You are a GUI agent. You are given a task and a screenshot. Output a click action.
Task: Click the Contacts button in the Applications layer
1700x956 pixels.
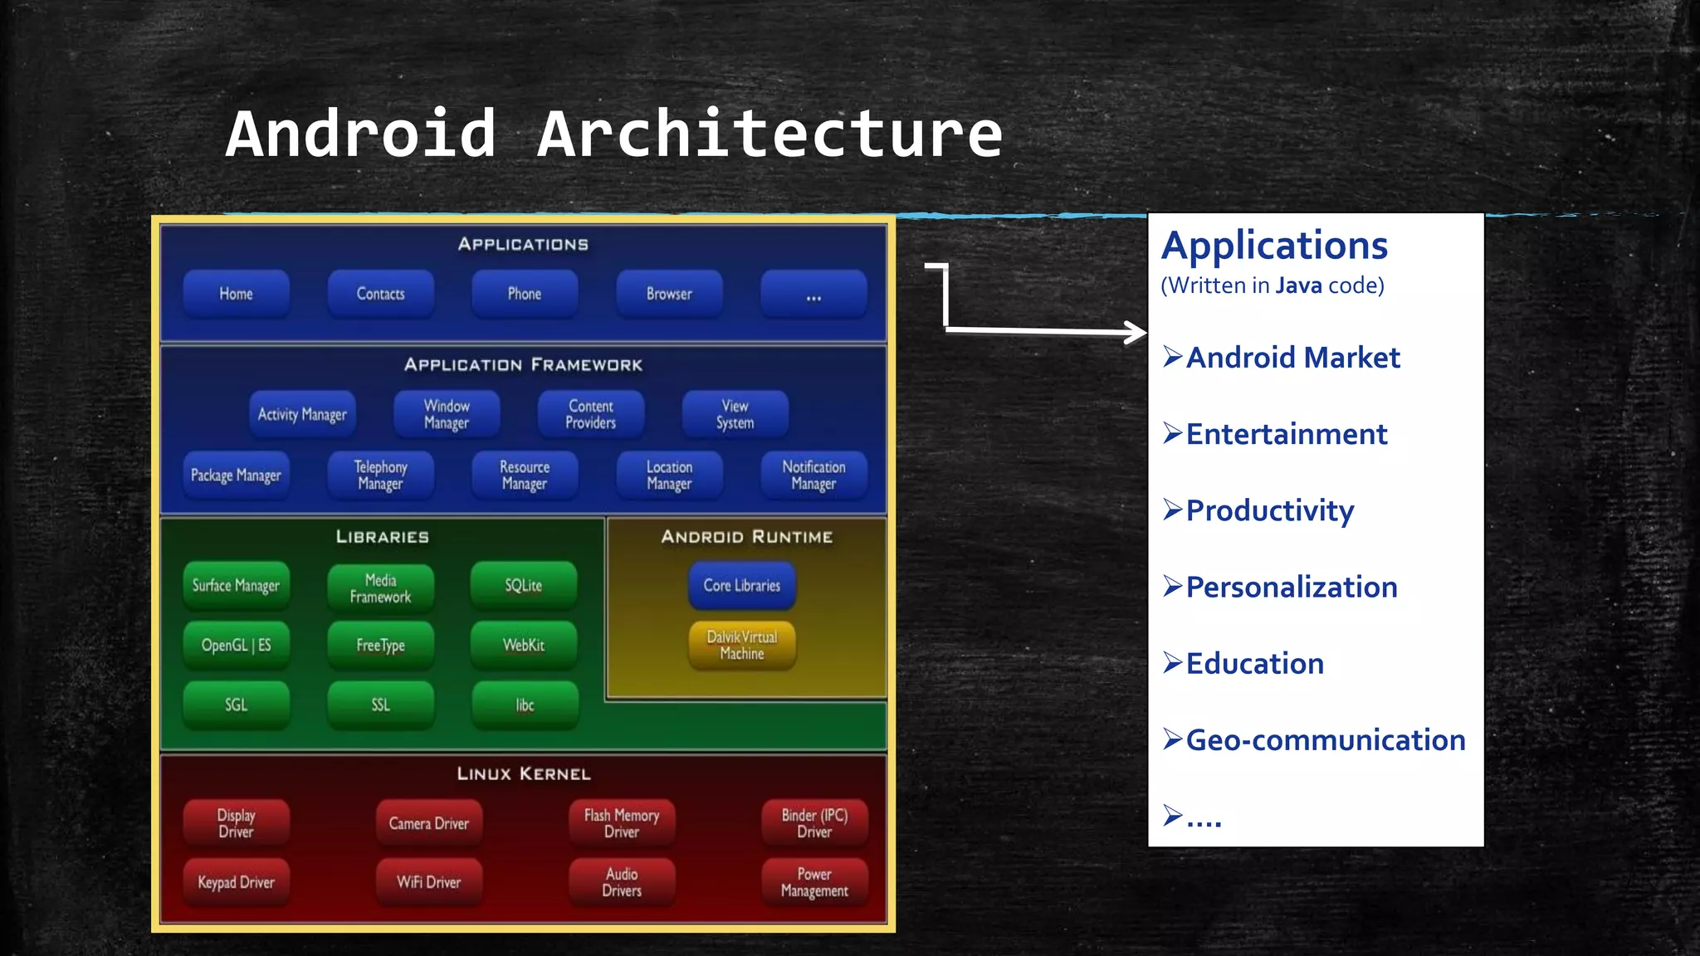pyautogui.click(x=381, y=294)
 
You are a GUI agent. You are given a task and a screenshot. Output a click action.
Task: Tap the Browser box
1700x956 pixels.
pyautogui.click(x=669, y=294)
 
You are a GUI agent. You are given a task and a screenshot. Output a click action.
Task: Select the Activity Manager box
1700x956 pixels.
pyautogui.click(x=302, y=414)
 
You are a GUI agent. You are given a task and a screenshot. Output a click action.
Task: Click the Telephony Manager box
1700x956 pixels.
pyautogui.click(x=381, y=476)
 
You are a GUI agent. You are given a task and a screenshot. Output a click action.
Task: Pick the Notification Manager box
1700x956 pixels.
pyautogui.click(x=813, y=476)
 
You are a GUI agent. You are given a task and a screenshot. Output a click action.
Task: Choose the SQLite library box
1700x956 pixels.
pyautogui.click(x=524, y=586)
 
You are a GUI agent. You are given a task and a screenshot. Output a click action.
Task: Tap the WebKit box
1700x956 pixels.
pyautogui.click(x=524, y=646)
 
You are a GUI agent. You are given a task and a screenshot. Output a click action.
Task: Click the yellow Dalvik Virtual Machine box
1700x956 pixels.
pyautogui.click(x=742, y=646)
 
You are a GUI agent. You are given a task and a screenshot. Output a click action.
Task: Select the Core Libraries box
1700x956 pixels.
pyautogui.click(x=742, y=586)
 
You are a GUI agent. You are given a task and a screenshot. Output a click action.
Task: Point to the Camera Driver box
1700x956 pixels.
pyautogui.click(x=429, y=823)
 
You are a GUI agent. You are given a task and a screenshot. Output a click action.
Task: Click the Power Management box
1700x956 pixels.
pyautogui.click(x=814, y=882)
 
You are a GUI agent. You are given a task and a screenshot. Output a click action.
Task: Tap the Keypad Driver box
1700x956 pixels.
pyautogui.click(x=237, y=882)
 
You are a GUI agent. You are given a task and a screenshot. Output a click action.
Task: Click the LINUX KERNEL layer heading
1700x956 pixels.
pyautogui.click(x=524, y=774)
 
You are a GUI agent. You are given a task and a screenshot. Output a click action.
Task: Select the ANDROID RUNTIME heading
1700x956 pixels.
pyautogui.click(x=747, y=537)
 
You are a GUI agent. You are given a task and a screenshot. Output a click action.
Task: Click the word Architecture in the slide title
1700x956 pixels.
pyautogui.click(x=770, y=134)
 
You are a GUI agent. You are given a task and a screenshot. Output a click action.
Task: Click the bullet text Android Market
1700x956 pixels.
pyautogui.click(x=1292, y=358)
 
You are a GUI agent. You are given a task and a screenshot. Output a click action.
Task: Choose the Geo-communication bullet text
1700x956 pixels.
pyautogui.click(x=1326, y=740)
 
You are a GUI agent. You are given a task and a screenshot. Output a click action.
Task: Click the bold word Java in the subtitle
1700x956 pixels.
pyautogui.click(x=1298, y=285)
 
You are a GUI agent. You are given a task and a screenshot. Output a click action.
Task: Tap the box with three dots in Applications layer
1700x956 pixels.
pyautogui.click(x=813, y=294)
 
